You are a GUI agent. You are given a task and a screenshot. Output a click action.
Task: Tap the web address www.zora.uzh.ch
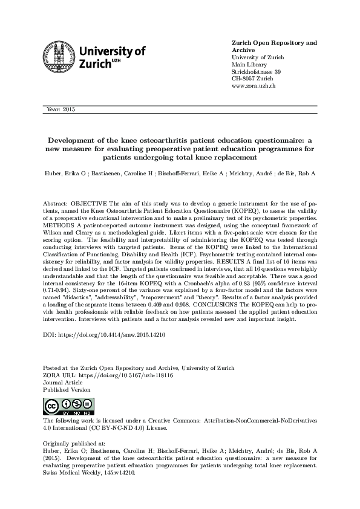coord(254,86)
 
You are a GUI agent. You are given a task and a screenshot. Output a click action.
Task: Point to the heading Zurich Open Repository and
coord(274,44)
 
